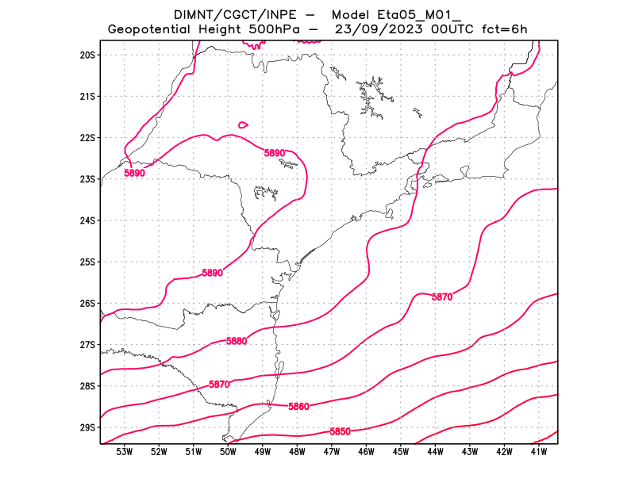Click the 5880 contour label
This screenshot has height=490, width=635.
click(237, 341)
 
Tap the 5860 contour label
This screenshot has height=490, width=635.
click(298, 407)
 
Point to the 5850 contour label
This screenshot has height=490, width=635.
click(340, 432)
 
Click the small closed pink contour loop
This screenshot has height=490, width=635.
click(243, 124)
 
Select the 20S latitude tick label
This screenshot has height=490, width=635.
click(87, 55)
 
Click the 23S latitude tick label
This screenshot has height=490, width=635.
click(87, 179)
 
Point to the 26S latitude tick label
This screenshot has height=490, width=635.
click(87, 303)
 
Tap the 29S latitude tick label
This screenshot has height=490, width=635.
click(87, 427)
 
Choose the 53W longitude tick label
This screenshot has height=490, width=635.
click(125, 452)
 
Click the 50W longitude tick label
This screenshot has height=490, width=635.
click(228, 452)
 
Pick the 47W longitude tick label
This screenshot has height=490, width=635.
click(332, 452)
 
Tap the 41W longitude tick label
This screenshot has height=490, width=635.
click(539, 452)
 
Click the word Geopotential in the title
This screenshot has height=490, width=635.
click(149, 30)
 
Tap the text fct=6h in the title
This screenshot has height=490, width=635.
click(500, 30)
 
